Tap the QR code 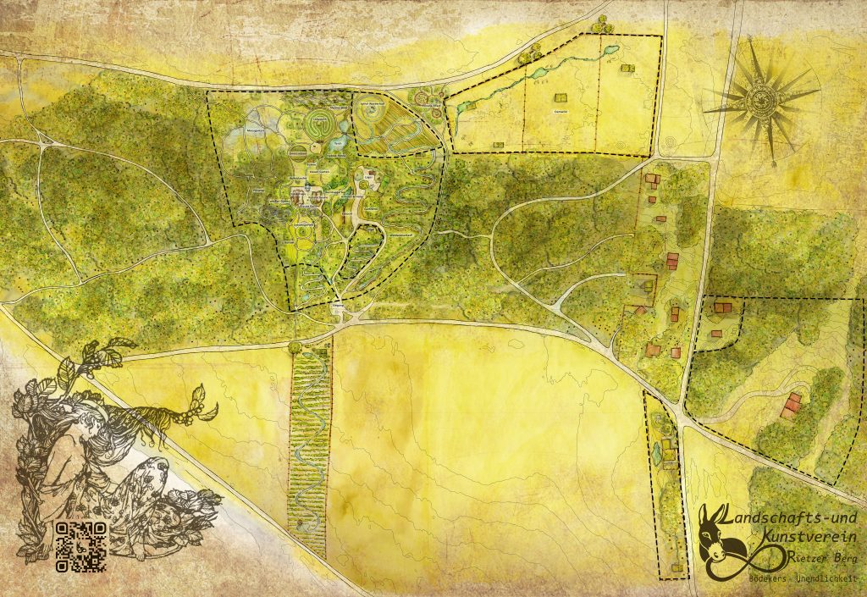81,543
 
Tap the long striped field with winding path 309,440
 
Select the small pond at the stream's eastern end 609,51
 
